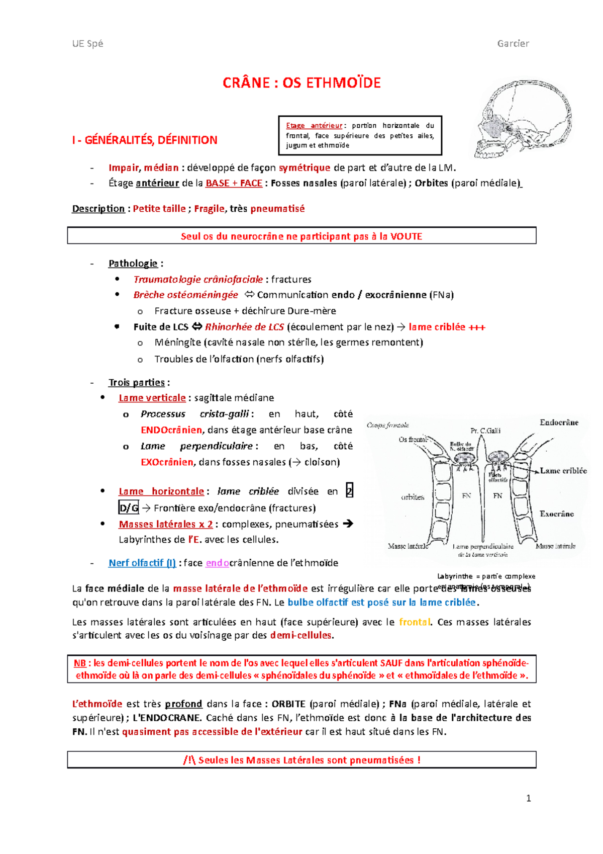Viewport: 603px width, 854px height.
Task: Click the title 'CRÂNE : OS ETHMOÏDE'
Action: click(301, 82)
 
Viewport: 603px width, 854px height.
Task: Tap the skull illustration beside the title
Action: click(523, 118)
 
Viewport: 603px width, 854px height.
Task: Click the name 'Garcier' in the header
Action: click(513, 43)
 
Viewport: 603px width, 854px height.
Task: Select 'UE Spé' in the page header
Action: click(87, 43)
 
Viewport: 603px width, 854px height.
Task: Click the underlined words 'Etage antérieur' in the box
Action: click(314, 126)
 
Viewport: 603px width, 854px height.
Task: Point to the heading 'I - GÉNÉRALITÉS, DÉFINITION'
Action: click(145, 140)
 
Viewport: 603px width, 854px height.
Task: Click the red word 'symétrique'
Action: click(305, 167)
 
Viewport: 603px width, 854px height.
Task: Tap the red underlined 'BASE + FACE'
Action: click(234, 183)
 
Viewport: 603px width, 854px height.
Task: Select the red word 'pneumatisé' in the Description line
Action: click(277, 208)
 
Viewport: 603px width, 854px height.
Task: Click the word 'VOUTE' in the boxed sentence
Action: click(406, 236)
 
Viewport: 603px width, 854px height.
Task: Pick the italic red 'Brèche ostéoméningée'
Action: click(185, 295)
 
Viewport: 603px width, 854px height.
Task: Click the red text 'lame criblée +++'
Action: click(447, 327)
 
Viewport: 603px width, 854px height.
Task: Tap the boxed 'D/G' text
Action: click(129, 508)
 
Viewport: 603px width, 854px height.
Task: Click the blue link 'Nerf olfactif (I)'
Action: click(142, 563)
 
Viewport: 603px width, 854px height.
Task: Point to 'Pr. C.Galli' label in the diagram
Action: click(485, 431)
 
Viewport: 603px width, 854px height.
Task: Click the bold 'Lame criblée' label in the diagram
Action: click(563, 471)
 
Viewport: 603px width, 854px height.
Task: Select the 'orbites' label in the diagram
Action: click(413, 497)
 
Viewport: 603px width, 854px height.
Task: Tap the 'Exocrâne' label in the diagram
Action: click(557, 514)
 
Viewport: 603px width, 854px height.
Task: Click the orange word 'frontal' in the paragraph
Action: click(415, 622)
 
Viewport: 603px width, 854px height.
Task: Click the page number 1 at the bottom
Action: click(528, 798)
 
